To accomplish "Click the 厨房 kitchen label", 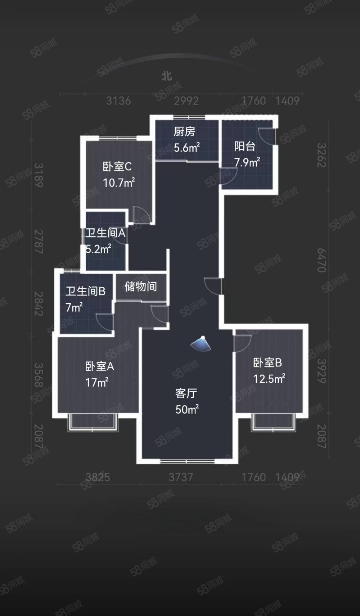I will pos(184,132).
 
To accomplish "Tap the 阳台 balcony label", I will pos(245,146).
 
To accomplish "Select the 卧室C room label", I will pos(117,167).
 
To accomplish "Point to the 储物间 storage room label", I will pos(141,287).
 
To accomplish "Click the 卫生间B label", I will pos(85,291).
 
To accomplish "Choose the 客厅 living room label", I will pos(186,393).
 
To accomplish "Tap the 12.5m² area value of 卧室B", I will pos(269,379).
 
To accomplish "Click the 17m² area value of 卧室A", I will pos(96,383).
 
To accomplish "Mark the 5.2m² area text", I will pos(98,249).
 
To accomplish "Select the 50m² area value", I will pos(187,410).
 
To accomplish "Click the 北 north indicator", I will pos(167,76).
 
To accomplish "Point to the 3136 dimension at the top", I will pos(118,101).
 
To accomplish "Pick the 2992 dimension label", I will pos(186,101).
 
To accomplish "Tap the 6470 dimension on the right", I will pos(321,260).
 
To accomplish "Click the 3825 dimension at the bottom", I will pos(98,477).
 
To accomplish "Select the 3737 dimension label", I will pos(181,477).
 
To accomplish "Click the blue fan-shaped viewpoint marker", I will pos(201,344).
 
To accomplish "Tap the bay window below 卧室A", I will pos(93,423).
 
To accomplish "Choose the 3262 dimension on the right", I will pos(321,155).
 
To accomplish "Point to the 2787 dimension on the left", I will pos(39,241).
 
